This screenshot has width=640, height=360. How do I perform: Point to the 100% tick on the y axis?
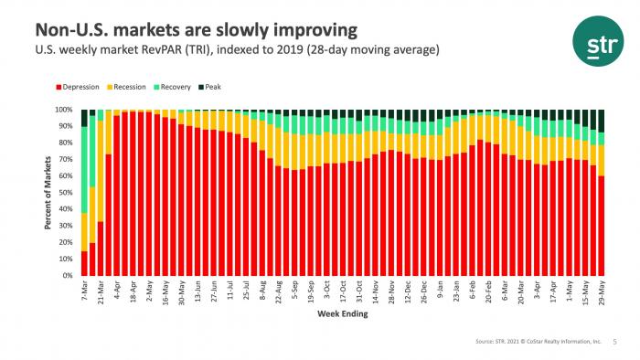click(x=65, y=110)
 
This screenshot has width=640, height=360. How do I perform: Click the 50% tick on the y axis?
click(x=67, y=193)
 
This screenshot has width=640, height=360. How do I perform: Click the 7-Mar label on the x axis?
click(x=85, y=292)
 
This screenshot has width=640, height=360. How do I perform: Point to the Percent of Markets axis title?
click(x=48, y=193)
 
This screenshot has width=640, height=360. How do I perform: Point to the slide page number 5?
click(x=613, y=343)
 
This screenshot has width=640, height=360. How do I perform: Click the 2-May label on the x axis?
click(x=149, y=292)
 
